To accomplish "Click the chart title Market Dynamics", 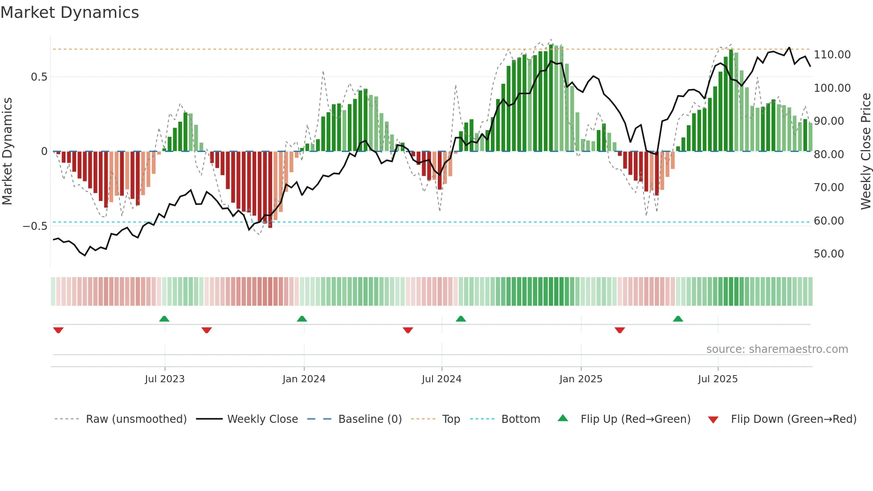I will [x=70, y=12].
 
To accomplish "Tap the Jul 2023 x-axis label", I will [x=164, y=379].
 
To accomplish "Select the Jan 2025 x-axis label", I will [x=581, y=379].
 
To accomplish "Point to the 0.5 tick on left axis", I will [x=39, y=77].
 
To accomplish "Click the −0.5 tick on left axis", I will [x=35, y=226].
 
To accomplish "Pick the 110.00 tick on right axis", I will [x=832, y=55].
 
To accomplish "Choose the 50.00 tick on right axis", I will [x=828, y=254].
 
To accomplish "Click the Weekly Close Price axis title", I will [x=865, y=151].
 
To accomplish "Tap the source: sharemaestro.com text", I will [x=777, y=349].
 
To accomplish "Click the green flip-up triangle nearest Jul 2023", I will [x=164, y=319].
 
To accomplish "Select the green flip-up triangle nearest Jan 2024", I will [x=302, y=319].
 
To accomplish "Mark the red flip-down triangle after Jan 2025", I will [x=620, y=330].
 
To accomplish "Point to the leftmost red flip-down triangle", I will [x=58, y=330].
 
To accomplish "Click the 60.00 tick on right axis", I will [x=828, y=221].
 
